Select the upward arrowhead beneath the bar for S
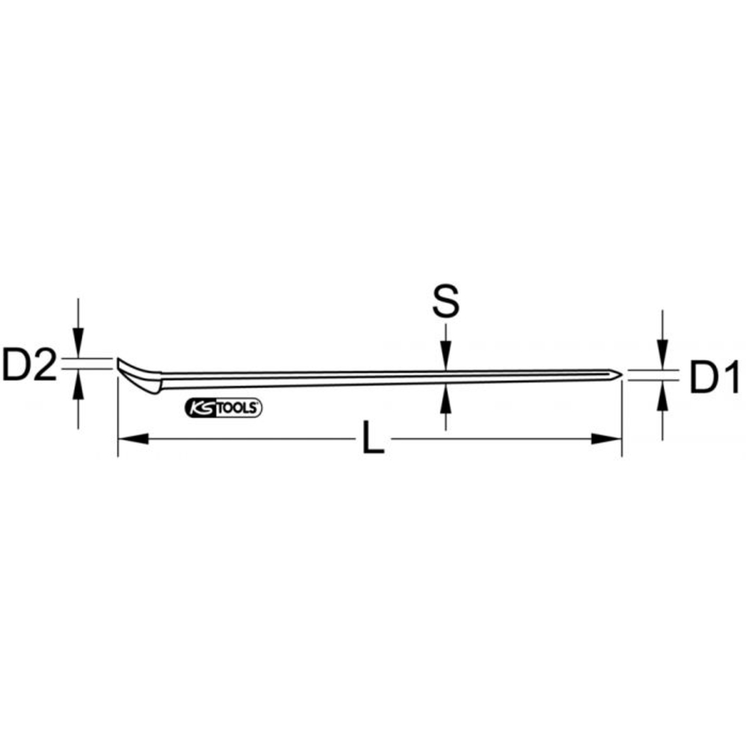tap(445, 396)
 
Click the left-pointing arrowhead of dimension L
tap(133, 439)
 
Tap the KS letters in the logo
tap(198, 408)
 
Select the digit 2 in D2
tap(44, 365)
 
